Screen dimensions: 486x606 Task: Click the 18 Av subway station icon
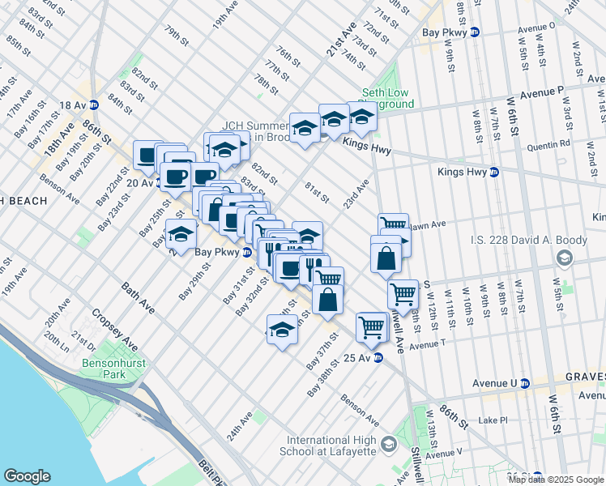coord(93,104)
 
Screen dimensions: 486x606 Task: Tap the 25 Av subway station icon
coord(378,358)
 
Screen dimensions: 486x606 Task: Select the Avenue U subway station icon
coord(524,382)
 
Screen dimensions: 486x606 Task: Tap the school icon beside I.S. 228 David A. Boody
coord(564,258)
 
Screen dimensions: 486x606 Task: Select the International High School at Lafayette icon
coord(389,444)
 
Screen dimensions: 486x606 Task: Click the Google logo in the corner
coord(27,476)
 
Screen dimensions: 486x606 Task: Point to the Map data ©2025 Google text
coord(556,480)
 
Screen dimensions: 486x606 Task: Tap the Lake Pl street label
coord(492,420)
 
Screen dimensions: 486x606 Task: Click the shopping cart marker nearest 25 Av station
coord(372,326)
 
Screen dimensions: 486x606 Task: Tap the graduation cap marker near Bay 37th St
coord(282,330)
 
